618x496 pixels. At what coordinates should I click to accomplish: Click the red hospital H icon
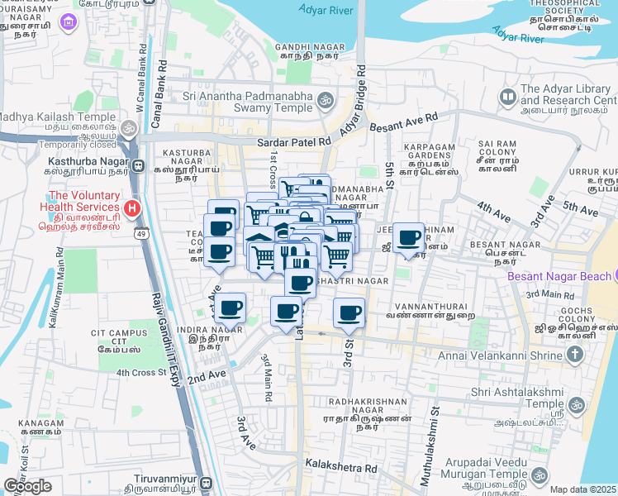[x=131, y=207]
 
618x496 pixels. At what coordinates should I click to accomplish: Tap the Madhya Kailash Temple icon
[x=128, y=128]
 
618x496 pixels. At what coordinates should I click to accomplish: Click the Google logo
[x=27, y=486]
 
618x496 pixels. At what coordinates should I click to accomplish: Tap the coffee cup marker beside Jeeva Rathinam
[x=407, y=239]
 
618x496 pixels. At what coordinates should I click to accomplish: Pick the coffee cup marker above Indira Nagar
[x=231, y=308]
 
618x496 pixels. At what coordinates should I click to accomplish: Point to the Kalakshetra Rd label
[x=340, y=468]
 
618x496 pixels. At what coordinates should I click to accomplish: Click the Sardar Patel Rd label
[x=293, y=142]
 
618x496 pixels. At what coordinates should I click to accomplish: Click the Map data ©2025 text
[x=583, y=489]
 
